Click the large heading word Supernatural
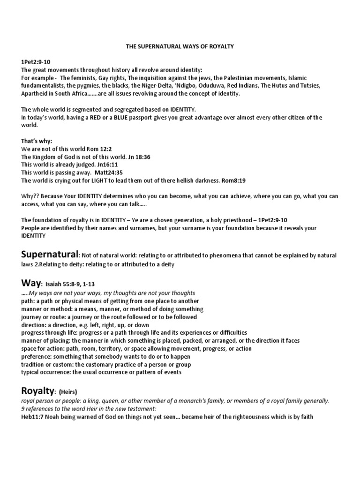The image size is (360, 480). pyautogui.click(x=49, y=255)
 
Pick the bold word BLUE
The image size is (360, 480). pyautogui.click(x=118, y=118)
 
